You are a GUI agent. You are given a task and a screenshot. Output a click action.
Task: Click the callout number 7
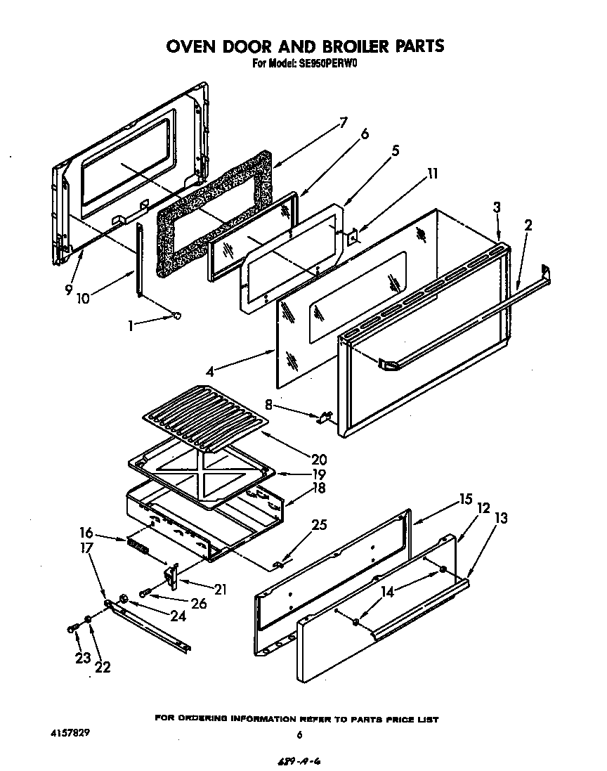[344, 122]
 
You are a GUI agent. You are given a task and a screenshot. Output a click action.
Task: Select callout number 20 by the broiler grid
[319, 460]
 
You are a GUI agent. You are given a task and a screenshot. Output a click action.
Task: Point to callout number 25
[320, 524]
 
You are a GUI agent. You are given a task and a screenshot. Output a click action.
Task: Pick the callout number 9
[68, 288]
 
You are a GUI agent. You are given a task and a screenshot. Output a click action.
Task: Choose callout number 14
[387, 592]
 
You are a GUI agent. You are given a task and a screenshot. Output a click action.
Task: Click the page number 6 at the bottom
[299, 735]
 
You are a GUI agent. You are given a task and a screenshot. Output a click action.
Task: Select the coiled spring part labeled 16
[137, 545]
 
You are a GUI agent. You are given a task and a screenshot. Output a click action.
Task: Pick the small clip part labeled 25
[279, 564]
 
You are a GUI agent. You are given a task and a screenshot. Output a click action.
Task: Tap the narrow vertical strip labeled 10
[141, 260]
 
